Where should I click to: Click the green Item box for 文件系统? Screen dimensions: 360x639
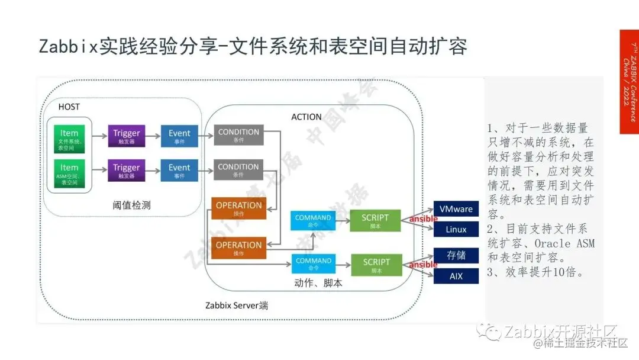point(69,137)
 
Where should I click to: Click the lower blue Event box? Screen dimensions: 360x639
point(179,171)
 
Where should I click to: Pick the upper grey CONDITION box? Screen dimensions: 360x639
point(238,136)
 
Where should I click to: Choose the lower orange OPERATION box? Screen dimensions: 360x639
point(238,248)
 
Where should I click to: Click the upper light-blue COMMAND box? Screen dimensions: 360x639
point(314,221)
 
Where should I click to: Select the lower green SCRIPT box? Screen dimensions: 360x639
point(376,265)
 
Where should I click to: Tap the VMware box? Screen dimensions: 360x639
point(456,209)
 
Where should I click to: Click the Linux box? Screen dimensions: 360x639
point(456,229)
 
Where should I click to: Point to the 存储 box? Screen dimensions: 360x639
point(456,255)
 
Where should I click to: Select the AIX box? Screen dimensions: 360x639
point(456,276)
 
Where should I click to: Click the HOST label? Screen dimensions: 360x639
point(69,107)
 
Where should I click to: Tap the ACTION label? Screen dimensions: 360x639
point(306,117)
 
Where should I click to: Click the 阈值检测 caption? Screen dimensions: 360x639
point(131,205)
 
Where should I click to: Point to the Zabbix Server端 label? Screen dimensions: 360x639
point(237,306)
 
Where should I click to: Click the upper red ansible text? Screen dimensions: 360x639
point(419,220)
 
